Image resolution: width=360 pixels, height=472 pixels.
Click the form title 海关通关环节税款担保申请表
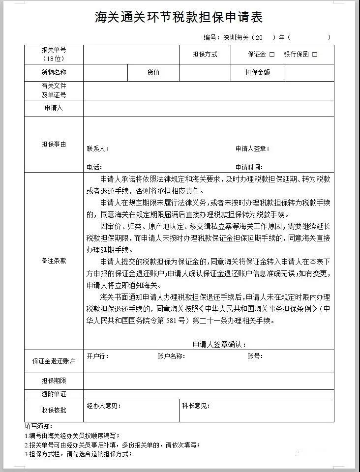[179, 18]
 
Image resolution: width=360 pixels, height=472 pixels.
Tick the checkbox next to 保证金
[272, 55]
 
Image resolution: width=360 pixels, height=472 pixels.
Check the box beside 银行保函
[315, 55]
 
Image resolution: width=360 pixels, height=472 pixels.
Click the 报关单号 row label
[54, 54]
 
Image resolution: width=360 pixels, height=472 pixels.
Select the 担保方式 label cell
[205, 55]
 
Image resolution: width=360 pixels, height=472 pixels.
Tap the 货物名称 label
[54, 73]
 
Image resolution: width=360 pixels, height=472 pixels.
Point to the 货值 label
[153, 73]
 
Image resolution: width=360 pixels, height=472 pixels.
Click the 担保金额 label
[258, 73]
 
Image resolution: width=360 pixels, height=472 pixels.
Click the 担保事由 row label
[54, 145]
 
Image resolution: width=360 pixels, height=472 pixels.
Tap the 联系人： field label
[98, 148]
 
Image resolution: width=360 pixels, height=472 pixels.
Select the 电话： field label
[94, 167]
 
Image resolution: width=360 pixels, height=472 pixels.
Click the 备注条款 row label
[54, 261]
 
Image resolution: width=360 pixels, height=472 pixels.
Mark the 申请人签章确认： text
[219, 344]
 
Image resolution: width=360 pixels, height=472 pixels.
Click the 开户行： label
[98, 356]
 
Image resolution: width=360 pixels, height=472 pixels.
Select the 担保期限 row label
[54, 381]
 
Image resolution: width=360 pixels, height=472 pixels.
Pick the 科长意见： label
[196, 406]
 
